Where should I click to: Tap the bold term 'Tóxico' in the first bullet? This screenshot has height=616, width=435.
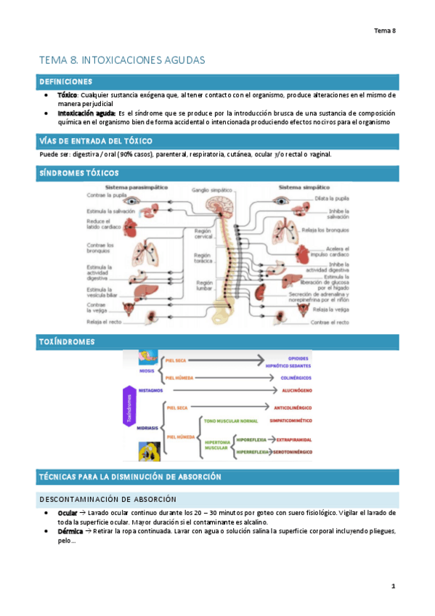[68, 95]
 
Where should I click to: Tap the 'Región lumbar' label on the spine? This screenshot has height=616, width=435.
[204, 285]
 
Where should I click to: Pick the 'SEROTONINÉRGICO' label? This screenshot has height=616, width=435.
[289, 452]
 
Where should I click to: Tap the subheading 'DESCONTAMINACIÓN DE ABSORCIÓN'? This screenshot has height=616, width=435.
[118, 499]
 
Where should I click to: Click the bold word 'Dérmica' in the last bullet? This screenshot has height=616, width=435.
[70, 531]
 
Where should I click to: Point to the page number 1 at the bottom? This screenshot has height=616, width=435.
[393, 585]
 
